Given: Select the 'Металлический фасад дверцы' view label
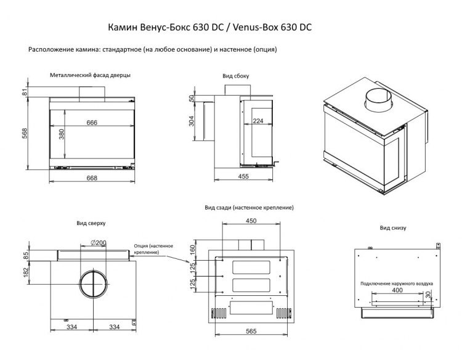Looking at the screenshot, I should point(91,75).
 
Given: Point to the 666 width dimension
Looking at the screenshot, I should point(92,123).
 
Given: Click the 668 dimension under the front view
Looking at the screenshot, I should point(92,178).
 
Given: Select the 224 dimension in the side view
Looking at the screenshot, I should point(257,121).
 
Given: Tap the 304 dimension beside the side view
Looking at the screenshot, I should point(192,121).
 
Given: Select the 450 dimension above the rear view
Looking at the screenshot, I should point(251,221).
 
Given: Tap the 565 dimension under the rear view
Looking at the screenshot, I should point(251,332).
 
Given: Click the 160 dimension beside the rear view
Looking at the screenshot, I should point(193,250).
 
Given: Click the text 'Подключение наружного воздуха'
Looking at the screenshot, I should point(397,284).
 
